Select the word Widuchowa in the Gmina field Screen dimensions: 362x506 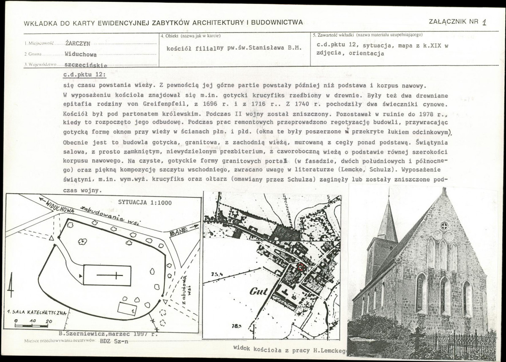click(x=81, y=54)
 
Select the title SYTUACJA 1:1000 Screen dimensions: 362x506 click(x=145, y=203)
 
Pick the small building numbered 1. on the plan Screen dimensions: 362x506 click(x=127, y=308)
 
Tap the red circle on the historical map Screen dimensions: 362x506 click(x=301, y=267)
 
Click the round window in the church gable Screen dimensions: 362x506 click(x=444, y=226)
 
